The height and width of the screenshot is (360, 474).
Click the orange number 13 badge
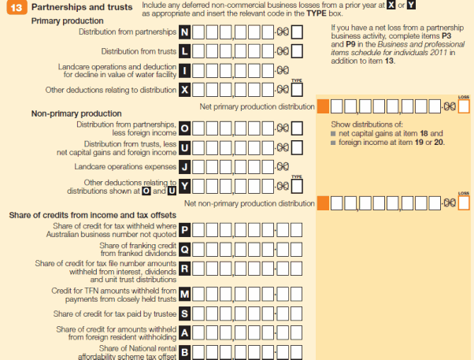point(17,7)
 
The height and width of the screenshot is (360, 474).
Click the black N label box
point(184,32)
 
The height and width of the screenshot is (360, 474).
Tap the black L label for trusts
point(184,51)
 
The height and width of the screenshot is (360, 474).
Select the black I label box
point(184,71)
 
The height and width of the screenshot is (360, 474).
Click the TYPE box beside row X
point(297,90)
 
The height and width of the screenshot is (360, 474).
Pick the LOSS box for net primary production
point(464,106)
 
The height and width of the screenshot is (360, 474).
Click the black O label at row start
point(184,128)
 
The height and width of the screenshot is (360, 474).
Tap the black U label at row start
point(184,148)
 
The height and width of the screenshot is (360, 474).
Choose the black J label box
point(184,167)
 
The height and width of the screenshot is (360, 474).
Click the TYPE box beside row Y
point(297,187)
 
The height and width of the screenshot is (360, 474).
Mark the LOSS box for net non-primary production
point(464,203)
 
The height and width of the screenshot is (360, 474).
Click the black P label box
point(184,230)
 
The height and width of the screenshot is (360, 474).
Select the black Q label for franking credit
point(184,250)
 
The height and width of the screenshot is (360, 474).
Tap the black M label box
point(184,294)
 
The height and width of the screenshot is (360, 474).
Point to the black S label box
point(184,314)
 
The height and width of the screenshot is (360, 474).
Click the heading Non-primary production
point(76,113)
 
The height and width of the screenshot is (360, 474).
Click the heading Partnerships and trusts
point(82,7)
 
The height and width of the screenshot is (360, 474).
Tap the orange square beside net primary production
point(323,106)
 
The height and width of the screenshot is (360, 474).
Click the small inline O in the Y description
point(146,191)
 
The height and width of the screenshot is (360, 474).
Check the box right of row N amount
point(297,32)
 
